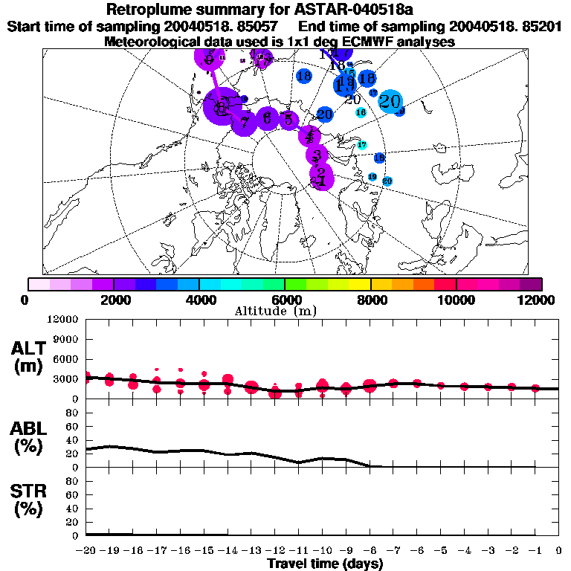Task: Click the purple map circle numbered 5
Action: [x=288, y=119]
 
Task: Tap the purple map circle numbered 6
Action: [x=267, y=119]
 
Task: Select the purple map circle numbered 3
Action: [x=317, y=155]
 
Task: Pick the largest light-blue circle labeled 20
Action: [x=390, y=102]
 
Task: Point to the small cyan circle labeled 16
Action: [x=361, y=112]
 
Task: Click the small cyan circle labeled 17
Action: [x=362, y=145]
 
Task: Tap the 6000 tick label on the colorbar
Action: [x=284, y=299]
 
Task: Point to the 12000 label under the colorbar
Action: [x=537, y=299]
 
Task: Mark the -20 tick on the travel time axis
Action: [x=86, y=551]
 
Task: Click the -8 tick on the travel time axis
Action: [x=370, y=551]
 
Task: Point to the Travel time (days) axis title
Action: [x=325, y=564]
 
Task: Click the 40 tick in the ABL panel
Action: [x=72, y=439]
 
